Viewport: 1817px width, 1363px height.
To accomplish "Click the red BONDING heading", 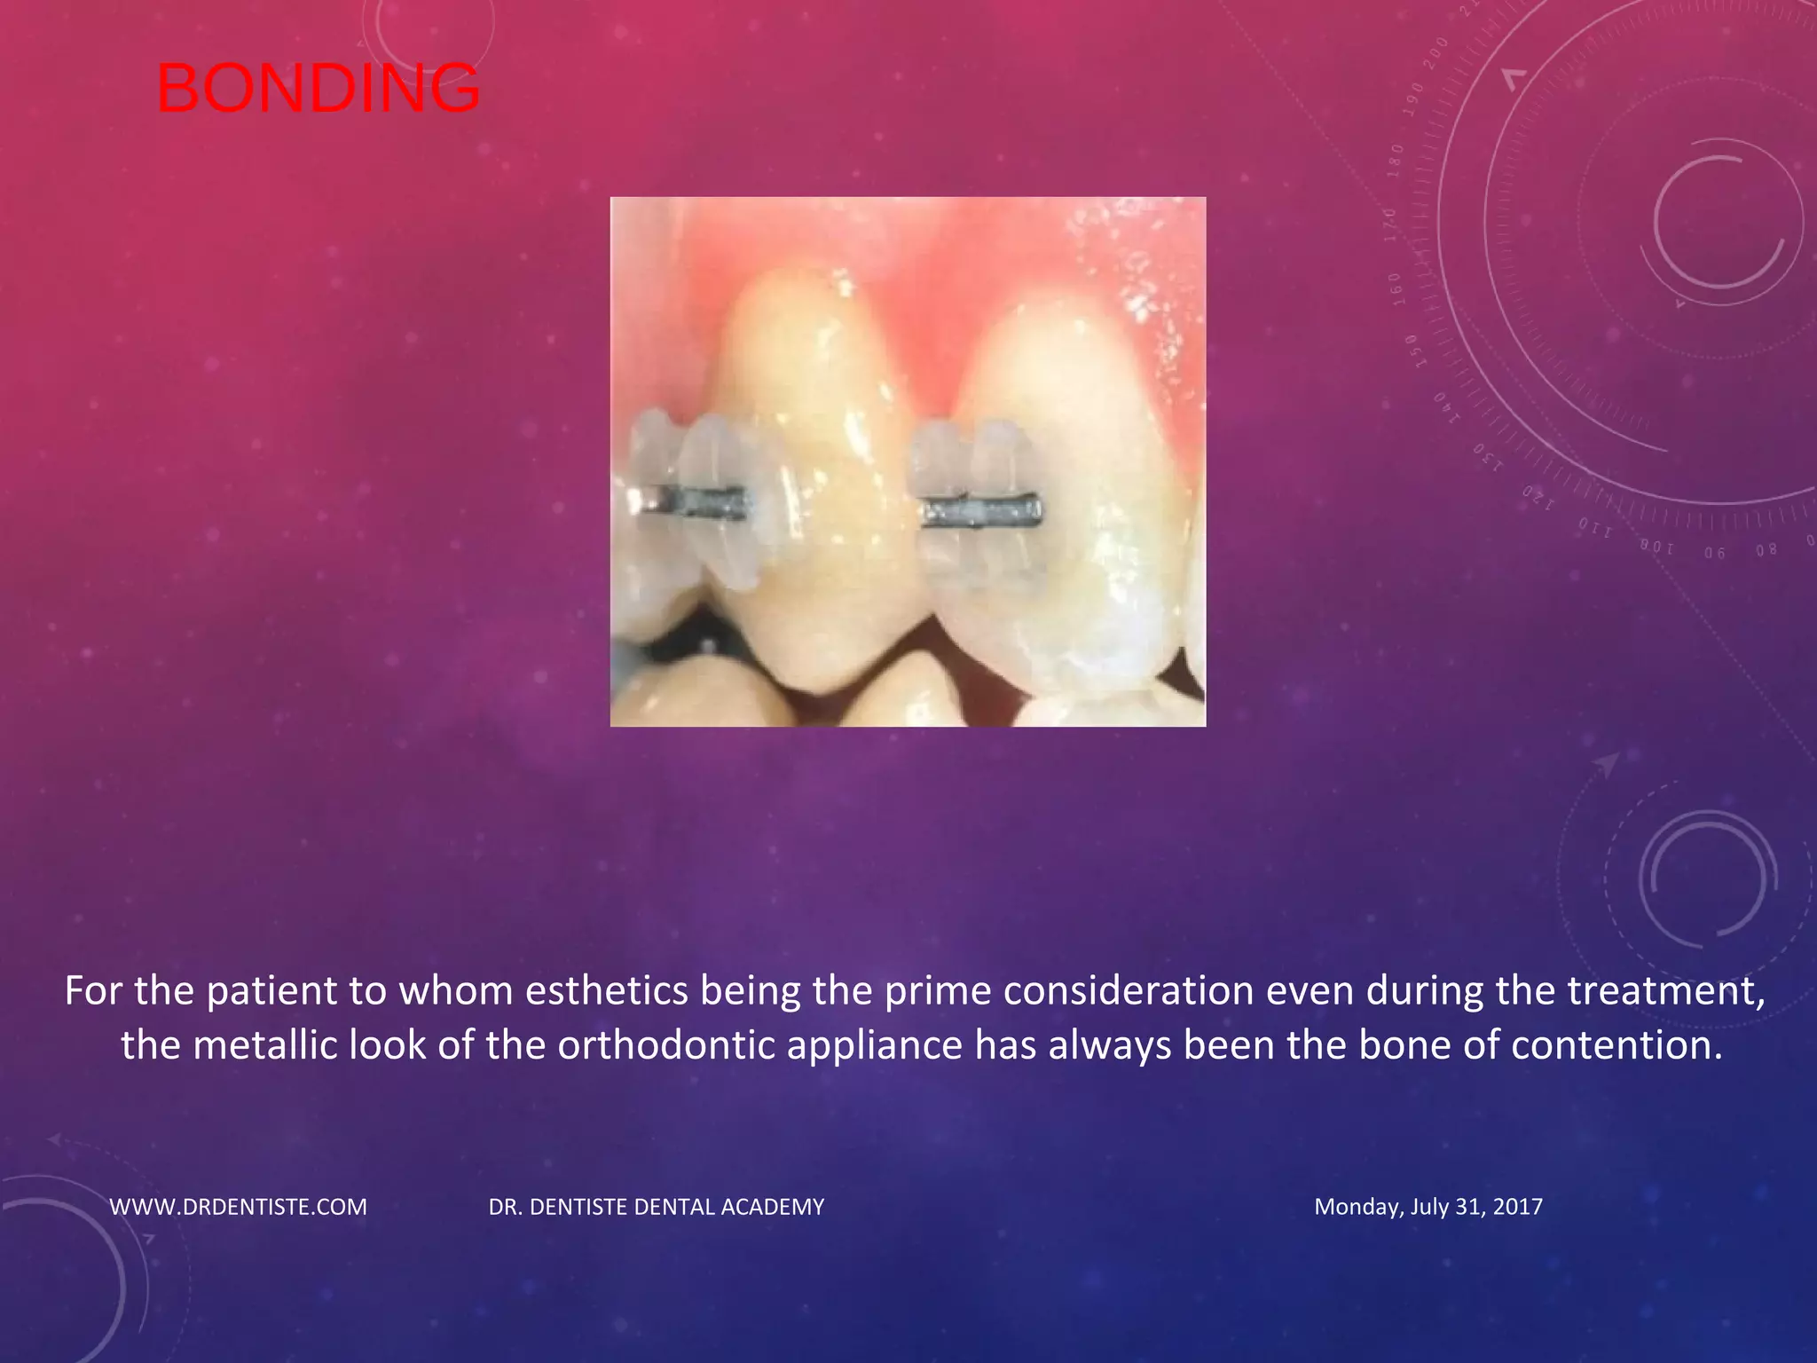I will tap(318, 89).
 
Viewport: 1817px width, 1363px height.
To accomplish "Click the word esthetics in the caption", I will tap(606, 991).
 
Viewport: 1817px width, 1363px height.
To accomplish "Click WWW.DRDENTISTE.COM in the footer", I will tap(238, 1207).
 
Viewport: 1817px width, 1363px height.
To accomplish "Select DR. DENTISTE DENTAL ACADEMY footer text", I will tap(657, 1207).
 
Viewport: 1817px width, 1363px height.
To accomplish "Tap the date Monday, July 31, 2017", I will tap(1428, 1207).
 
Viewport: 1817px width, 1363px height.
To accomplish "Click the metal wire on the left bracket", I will tap(701, 502).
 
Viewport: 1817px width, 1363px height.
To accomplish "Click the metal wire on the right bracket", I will tap(983, 513).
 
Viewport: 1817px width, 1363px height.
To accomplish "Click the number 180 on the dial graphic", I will tap(1396, 161).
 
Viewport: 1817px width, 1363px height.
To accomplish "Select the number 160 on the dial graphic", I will tap(1396, 289).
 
